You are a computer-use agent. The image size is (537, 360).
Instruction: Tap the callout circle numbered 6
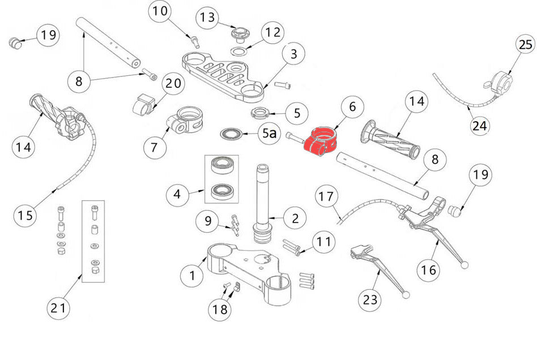[352, 107]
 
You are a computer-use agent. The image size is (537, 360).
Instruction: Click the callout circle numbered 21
[59, 308]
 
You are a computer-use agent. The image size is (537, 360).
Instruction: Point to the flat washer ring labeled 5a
[232, 134]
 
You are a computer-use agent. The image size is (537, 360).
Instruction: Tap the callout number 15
[26, 216]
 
